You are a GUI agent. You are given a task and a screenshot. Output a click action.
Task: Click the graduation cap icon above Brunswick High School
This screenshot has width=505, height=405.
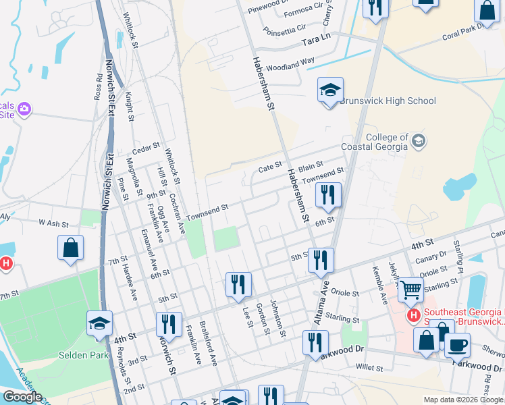tap(330, 90)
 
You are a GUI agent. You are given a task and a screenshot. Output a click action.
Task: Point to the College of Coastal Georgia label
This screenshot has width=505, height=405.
tap(387, 142)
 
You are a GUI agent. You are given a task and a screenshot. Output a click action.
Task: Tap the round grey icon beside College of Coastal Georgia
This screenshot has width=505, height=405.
tap(419, 140)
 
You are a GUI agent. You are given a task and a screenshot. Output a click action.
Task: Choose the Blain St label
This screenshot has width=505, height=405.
tap(311, 165)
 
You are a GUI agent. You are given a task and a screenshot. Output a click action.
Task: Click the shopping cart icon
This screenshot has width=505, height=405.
tap(410, 291)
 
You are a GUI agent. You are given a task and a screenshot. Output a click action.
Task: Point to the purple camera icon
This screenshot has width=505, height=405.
tap(25, 109)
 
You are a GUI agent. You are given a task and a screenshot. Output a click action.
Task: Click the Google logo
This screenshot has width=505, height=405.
tap(22, 398)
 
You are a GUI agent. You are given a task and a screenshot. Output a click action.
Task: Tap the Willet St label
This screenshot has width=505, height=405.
tap(369, 369)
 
